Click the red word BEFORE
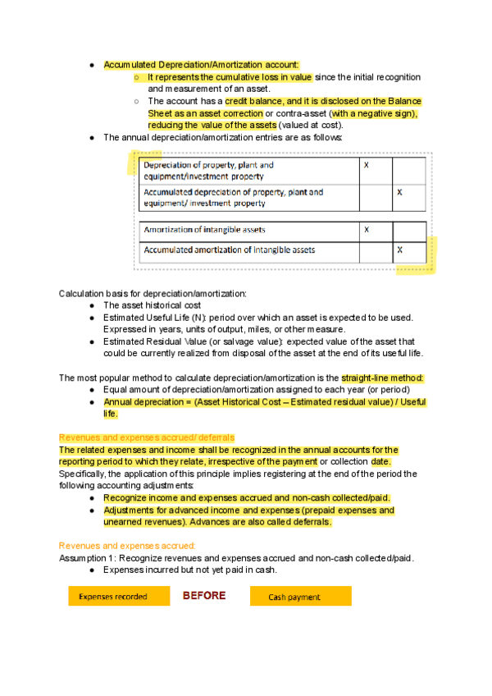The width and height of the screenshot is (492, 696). tap(203, 596)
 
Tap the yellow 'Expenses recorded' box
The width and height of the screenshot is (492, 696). tap(113, 597)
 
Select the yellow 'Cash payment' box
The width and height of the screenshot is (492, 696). tap(300, 597)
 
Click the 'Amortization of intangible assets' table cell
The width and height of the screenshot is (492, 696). tap(205, 230)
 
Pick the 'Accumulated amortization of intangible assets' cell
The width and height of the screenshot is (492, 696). tap(230, 250)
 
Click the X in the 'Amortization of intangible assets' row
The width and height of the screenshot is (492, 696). tap(366, 230)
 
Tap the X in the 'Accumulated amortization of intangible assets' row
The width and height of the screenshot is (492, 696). tap(399, 250)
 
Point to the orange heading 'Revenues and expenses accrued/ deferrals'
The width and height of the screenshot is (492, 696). tap(147, 438)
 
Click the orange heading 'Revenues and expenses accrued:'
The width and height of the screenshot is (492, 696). tap(127, 545)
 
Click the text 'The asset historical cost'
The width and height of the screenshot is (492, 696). tap(153, 305)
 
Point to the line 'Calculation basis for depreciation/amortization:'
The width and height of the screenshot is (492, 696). tap(153, 293)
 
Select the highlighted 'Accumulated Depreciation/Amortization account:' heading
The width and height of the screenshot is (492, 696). tap(202, 64)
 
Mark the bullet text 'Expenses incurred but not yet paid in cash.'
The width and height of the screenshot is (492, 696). tap(189, 570)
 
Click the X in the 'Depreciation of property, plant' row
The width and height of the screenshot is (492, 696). tap(366, 165)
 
